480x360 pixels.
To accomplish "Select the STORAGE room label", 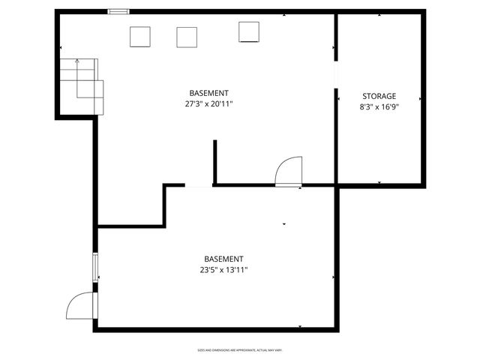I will point(379,96).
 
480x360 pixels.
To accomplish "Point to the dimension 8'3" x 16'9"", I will point(379,107).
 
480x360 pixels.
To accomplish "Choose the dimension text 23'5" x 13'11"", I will point(223,270).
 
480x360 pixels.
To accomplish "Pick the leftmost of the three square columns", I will point(140,37).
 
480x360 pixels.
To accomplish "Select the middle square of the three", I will point(187,37).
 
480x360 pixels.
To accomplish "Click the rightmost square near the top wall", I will point(249,31).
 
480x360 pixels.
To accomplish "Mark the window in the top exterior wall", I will point(118,11).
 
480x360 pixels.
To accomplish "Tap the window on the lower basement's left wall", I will point(95,268).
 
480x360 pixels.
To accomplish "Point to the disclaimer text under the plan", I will point(240,349).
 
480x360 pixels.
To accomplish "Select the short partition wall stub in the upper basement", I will point(214,161).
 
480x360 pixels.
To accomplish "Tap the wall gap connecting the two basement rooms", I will point(199,185).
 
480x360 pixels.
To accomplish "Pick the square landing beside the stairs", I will point(90,96).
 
